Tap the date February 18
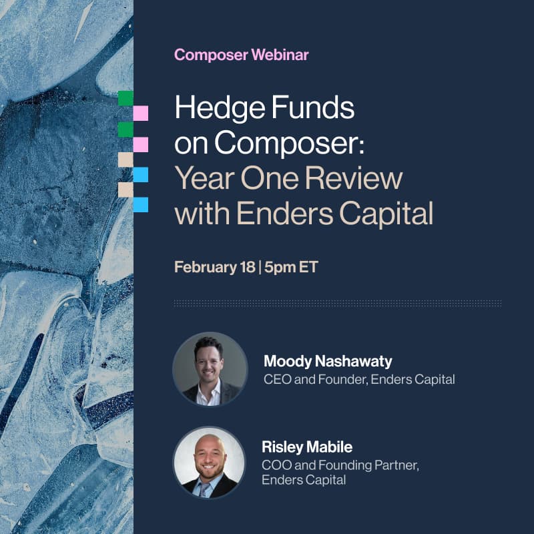pyautogui.click(x=215, y=268)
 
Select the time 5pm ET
pyautogui.click(x=291, y=268)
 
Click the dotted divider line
pyautogui.click(x=337, y=303)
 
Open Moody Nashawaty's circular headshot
pyautogui.click(x=210, y=369)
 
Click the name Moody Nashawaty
pyautogui.click(x=328, y=362)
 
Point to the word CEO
pyautogui.click(x=276, y=380)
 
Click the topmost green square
pyautogui.click(x=125, y=98)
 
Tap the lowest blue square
pyautogui.click(x=140, y=204)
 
